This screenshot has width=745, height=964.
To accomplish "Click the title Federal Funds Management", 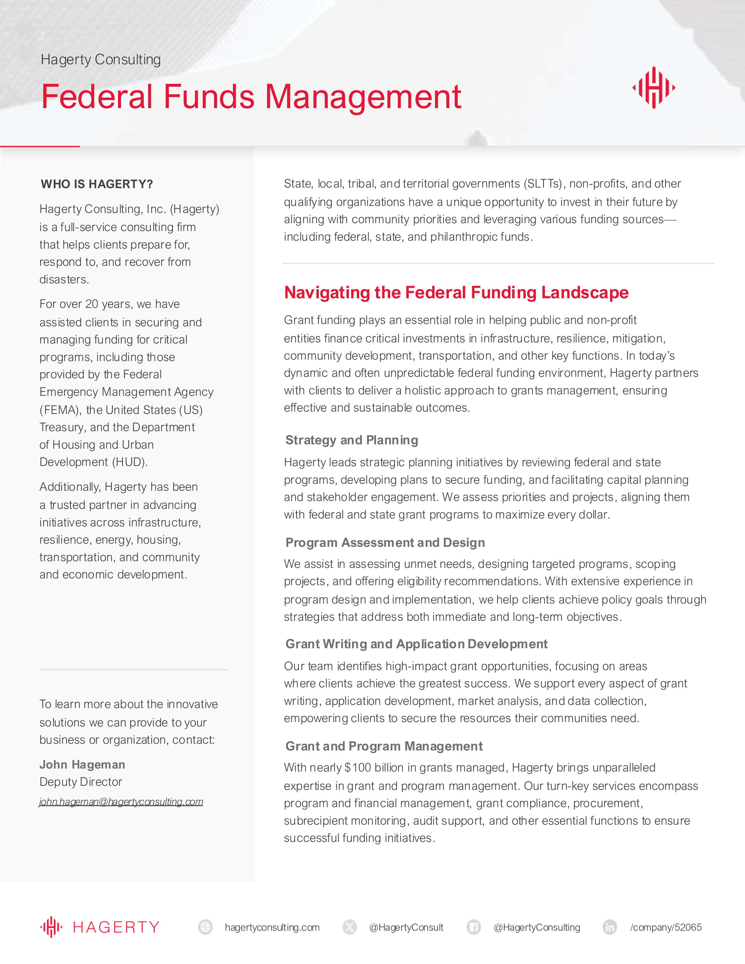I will click(x=251, y=97).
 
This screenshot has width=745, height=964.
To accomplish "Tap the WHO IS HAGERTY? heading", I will click(x=97, y=184).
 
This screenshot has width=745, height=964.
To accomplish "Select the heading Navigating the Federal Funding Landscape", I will click(x=456, y=293).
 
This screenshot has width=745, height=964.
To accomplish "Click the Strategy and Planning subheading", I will click(x=352, y=440).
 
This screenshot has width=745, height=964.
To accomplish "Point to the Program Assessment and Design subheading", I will click(x=385, y=542).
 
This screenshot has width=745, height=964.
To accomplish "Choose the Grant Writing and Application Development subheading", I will click(x=416, y=644).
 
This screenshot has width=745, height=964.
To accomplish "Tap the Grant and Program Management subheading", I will click(x=384, y=746).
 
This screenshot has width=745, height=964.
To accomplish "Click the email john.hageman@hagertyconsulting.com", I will click(x=121, y=802).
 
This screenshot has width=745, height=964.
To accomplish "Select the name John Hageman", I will click(x=82, y=764).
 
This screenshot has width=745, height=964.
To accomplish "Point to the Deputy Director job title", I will click(x=81, y=782).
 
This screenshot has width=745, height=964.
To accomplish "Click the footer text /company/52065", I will click(x=666, y=927).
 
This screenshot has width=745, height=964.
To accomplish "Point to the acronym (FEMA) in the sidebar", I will click(x=60, y=410).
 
